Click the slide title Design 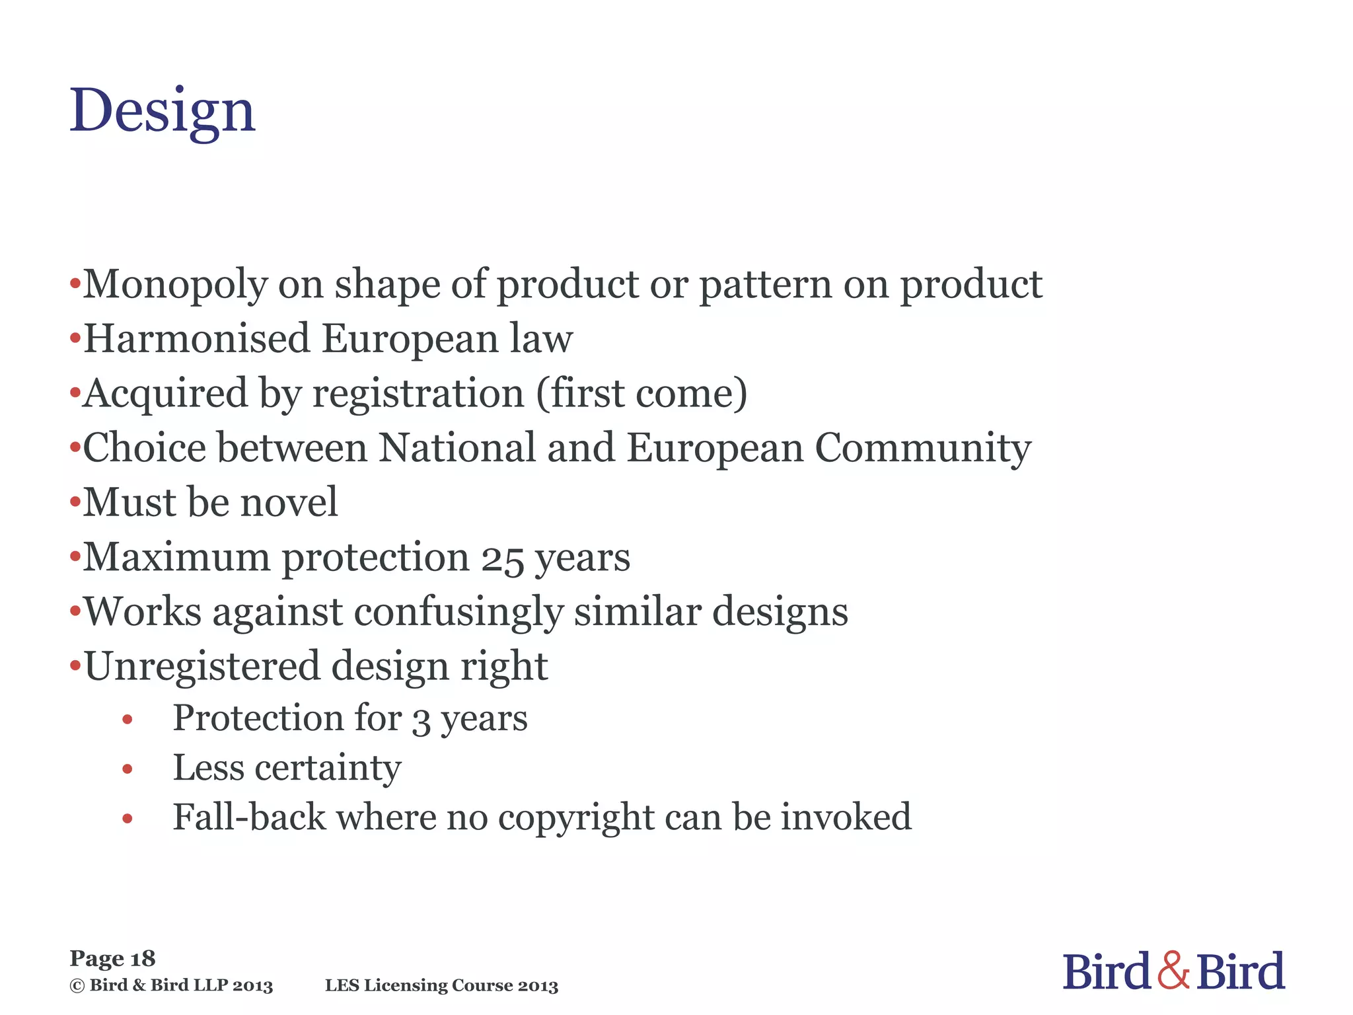(x=163, y=111)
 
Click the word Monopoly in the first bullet (x=175, y=285)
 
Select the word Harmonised (x=198, y=339)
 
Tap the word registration (x=418, y=394)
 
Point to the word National (x=457, y=448)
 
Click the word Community (x=922, y=449)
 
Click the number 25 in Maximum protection (x=502, y=559)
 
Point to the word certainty (x=328, y=769)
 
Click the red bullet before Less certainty (x=128, y=769)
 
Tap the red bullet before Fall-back (x=128, y=819)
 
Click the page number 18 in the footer (x=143, y=959)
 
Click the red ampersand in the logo (x=1174, y=971)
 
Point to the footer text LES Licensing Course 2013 (x=441, y=986)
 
